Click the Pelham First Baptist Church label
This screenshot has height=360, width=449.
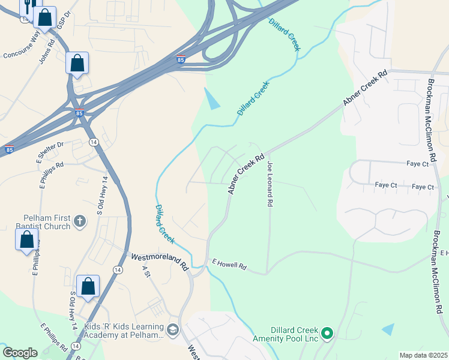coord(47,223)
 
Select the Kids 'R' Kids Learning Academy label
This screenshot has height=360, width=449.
coord(124,331)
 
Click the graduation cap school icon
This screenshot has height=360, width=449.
coord(173,330)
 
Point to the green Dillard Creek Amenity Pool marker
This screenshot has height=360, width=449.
coord(327,332)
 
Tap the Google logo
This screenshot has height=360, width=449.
coord(20,353)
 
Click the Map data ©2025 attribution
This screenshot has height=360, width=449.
coord(423,355)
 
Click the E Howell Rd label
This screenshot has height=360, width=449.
coord(230,264)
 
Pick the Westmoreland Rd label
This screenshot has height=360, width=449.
coord(160,257)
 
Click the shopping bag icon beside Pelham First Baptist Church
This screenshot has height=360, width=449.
coord(27,240)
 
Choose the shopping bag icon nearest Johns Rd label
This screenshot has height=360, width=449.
coord(77,62)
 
